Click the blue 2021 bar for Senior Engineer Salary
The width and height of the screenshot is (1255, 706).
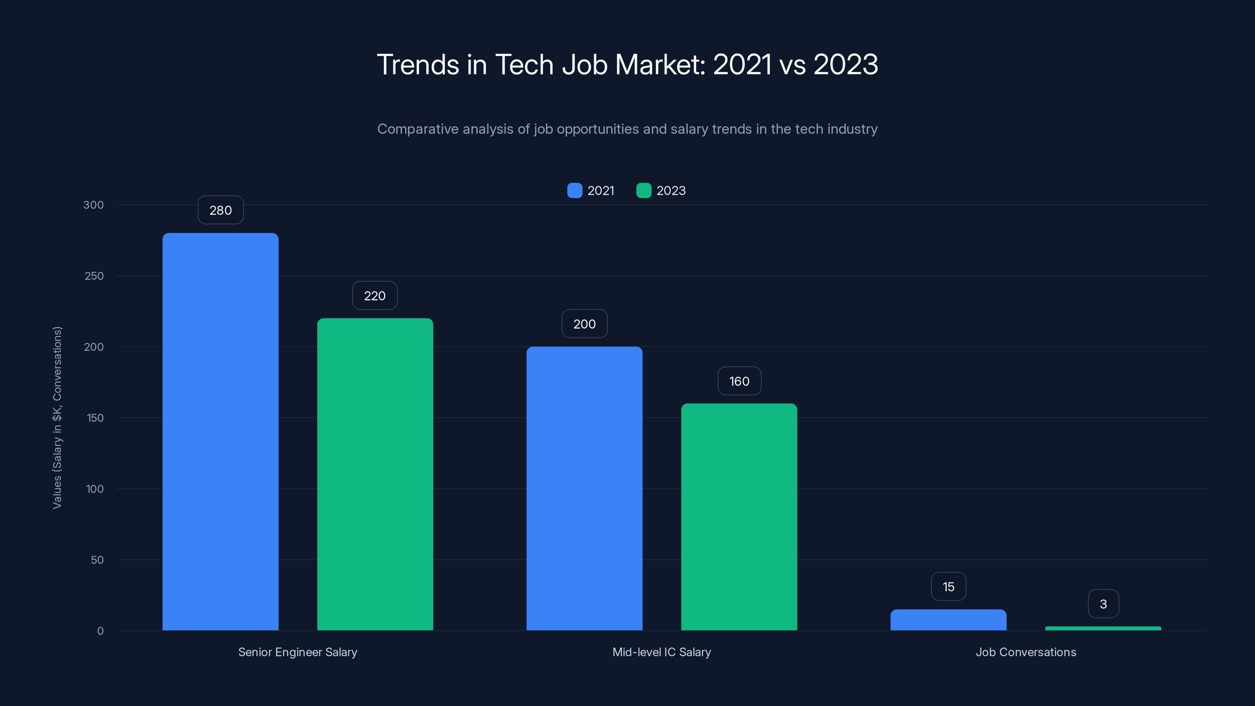click(220, 431)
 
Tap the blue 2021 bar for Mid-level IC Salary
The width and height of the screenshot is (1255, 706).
click(584, 488)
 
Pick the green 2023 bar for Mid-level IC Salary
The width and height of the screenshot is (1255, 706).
click(738, 517)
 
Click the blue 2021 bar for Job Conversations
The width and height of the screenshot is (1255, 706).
click(948, 620)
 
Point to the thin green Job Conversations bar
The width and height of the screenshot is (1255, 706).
click(1103, 628)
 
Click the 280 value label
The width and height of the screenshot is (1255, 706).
click(220, 210)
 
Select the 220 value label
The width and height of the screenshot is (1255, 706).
click(375, 296)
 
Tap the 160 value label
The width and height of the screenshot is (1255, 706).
click(738, 381)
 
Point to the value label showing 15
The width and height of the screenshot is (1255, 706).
click(948, 587)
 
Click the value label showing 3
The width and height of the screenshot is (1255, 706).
click(1103, 604)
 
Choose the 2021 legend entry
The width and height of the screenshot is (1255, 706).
click(591, 191)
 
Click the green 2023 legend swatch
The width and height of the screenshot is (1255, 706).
click(644, 191)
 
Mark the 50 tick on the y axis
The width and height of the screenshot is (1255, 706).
click(97, 560)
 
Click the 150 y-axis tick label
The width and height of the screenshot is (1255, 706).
click(95, 418)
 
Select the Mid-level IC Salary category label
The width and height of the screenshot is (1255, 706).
click(661, 652)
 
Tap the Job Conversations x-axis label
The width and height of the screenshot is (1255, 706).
click(1026, 652)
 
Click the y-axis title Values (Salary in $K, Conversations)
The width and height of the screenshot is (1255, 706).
click(58, 418)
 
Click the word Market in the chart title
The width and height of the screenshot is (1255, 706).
click(660, 64)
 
